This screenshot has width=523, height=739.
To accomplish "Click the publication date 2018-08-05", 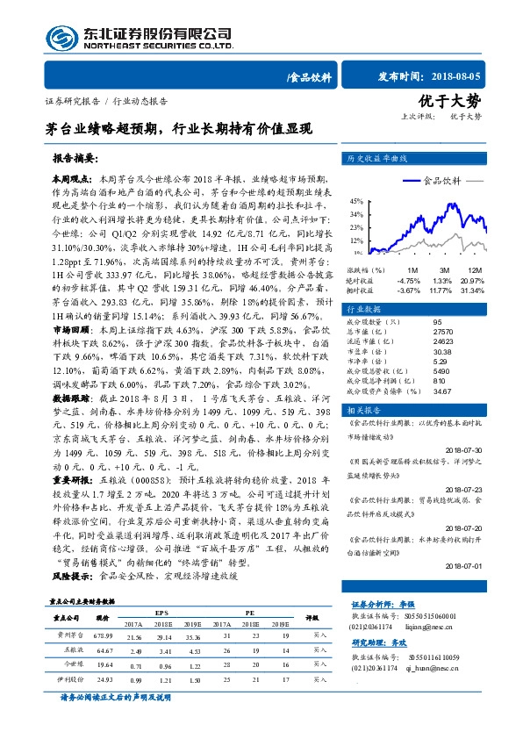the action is click(456, 76).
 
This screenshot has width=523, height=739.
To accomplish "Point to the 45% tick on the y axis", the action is click(357, 201).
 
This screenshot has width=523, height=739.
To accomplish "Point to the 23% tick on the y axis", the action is click(357, 226).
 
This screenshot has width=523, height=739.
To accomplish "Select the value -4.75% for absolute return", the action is click(410, 279).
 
